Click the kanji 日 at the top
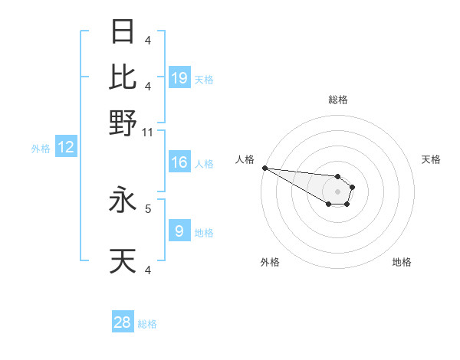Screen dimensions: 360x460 click(x=123, y=33)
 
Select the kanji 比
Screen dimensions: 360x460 click(x=123, y=77)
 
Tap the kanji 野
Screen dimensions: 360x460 click(x=123, y=123)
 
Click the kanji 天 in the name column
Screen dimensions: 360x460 click(x=123, y=262)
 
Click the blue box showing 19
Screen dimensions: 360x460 click(x=179, y=78)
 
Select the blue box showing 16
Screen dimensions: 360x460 click(x=179, y=162)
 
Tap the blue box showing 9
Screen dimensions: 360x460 click(x=179, y=231)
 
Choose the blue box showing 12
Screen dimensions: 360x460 click(x=66, y=148)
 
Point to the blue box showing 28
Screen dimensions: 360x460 click(x=123, y=322)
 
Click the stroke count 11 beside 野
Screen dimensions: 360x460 click(x=148, y=132)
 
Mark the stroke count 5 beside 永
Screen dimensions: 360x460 click(x=148, y=208)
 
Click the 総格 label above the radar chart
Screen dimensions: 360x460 click(x=338, y=100)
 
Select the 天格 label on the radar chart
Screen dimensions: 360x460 click(x=431, y=159)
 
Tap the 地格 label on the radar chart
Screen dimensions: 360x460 click(x=402, y=262)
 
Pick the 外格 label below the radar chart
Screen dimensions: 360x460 click(x=270, y=262)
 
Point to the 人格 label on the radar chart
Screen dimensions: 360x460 click(x=245, y=159)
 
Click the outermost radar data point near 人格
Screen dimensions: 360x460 click(x=264, y=168)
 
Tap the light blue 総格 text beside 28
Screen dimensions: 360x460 click(x=147, y=324)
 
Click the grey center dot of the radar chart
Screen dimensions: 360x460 click(x=337, y=191)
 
